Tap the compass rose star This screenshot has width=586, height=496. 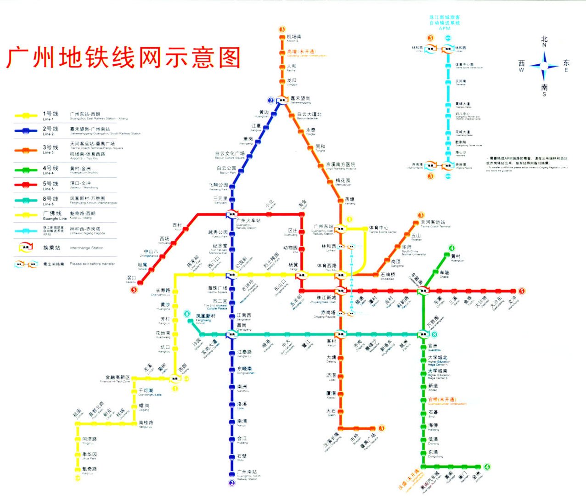coord(544,66)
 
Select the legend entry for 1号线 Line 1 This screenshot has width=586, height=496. coord(51,115)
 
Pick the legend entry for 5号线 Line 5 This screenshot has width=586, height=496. coord(51,185)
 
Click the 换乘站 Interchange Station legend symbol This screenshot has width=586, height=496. coord(26,248)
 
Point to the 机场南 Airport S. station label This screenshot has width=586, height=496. coord(294,38)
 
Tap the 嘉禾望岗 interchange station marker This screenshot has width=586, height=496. coord(282,100)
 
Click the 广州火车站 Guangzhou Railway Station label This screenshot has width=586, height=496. coord(248,222)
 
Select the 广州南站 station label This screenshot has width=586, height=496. coord(247,473)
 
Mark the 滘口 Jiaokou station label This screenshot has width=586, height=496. coord(131,279)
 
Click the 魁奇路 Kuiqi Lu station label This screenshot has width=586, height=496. coord(90,470)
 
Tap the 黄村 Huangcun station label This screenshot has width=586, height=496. coord(456,257)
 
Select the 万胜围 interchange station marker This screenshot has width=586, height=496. coord(423,334)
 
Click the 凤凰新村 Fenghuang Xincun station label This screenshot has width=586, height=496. coord(205,317)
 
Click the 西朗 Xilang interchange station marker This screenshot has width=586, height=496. coord(175,378)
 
